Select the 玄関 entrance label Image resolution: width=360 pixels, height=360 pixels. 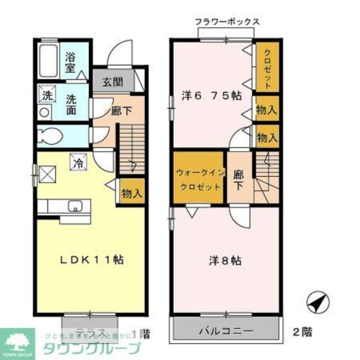pyautogui.click(x=112, y=83)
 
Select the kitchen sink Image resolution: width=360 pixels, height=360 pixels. pyautogui.click(x=75, y=206)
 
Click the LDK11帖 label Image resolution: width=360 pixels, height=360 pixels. pyautogui.click(x=93, y=260)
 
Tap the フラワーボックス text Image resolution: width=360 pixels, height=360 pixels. pyautogui.click(x=227, y=22)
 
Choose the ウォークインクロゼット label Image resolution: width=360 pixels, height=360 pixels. pyautogui.click(x=199, y=178)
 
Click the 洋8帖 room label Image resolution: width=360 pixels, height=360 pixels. pyautogui.click(x=226, y=260)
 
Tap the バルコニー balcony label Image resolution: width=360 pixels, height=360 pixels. pyautogui.click(x=225, y=330)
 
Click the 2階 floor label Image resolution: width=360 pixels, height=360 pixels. pyautogui.click(x=302, y=331)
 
